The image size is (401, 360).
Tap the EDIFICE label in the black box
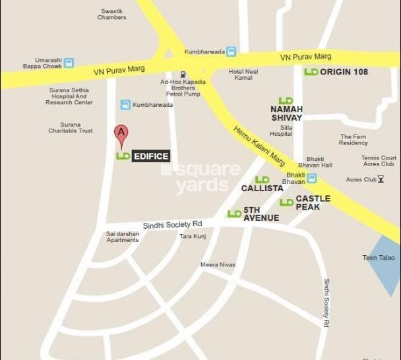pos(151,156)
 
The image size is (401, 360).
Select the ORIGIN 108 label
pos(344,71)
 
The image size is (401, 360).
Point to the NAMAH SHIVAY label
pos(286,113)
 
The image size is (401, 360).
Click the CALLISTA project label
pos(262,188)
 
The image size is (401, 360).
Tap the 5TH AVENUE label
pos(261,214)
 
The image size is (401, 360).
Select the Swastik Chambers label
pos(111,14)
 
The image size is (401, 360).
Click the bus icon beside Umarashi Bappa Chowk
pos(69,63)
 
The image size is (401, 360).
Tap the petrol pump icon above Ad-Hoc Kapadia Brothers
pos(183,74)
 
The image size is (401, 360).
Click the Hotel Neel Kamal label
pos(243,75)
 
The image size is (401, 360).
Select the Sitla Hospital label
pos(280,130)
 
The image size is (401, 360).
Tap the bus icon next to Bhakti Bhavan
pos(311,178)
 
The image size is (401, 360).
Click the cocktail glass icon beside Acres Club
pos(381,179)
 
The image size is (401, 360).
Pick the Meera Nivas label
pos(218,264)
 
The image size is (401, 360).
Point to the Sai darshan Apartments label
pos(123,237)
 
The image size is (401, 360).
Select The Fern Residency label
pos(354,139)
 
